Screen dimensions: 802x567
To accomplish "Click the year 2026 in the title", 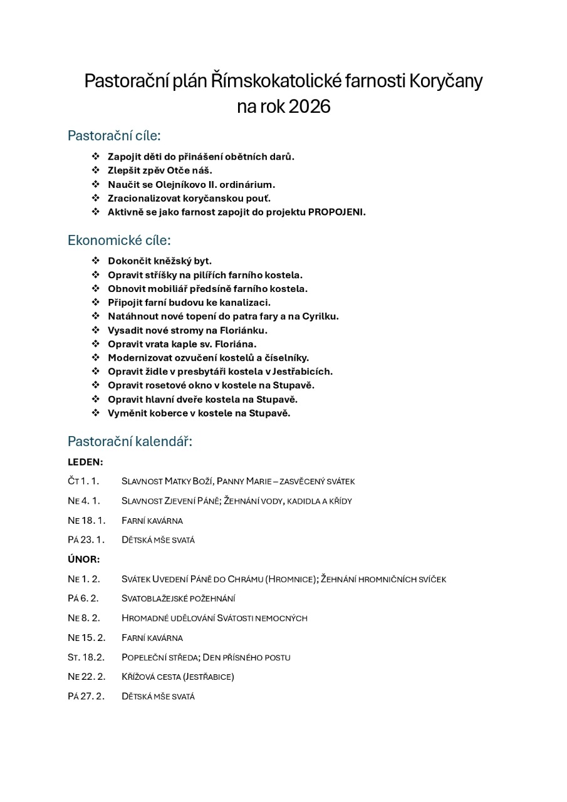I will point(309,107).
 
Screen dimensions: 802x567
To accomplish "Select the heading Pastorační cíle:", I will point(114,135).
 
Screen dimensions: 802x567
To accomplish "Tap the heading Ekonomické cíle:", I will point(119,240).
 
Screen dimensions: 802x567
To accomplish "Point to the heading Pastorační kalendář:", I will point(130,441).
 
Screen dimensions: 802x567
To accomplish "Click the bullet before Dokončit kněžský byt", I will point(96,261).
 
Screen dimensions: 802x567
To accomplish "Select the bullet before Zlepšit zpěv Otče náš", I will point(96,170).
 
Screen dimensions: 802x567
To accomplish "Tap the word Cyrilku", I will point(320,316).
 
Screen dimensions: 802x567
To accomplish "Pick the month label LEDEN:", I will point(85,462).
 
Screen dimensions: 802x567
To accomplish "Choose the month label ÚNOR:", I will point(84,559).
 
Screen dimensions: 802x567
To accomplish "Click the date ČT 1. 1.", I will point(83,481).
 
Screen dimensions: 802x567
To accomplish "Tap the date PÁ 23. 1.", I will point(86,539).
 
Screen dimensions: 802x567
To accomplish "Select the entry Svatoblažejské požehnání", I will point(178,598).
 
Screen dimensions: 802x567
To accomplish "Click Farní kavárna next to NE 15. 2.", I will point(152,638).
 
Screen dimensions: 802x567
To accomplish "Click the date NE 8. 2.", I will point(83,618).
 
